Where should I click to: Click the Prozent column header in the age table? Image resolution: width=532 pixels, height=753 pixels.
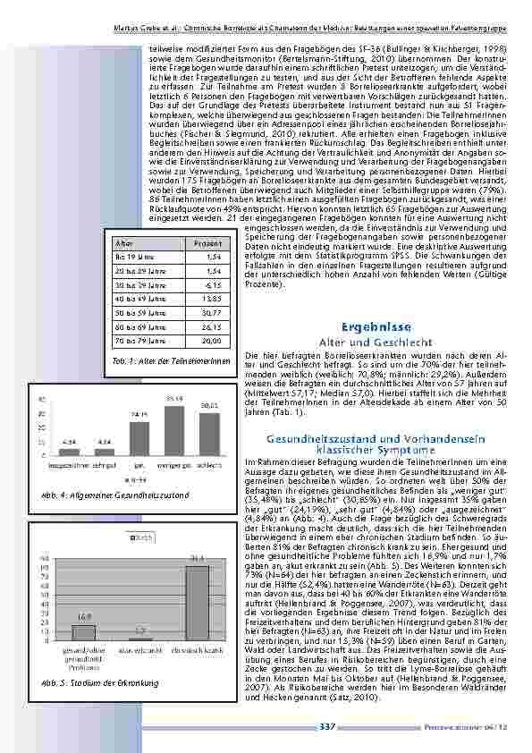(x=207, y=242)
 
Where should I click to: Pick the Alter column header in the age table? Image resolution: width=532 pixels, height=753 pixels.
(x=125, y=242)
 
